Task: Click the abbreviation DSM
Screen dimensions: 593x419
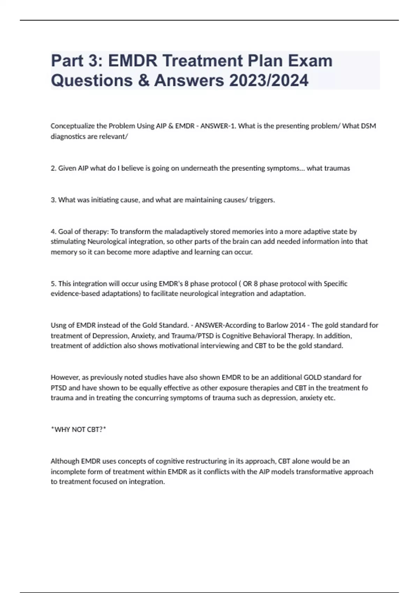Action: click(x=368, y=126)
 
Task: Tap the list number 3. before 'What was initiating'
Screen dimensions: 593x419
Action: click(x=53, y=200)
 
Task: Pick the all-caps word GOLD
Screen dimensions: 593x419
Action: click(x=313, y=377)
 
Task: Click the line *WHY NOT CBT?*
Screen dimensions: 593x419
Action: click(x=78, y=429)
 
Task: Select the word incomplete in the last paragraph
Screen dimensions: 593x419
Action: click(x=67, y=472)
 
